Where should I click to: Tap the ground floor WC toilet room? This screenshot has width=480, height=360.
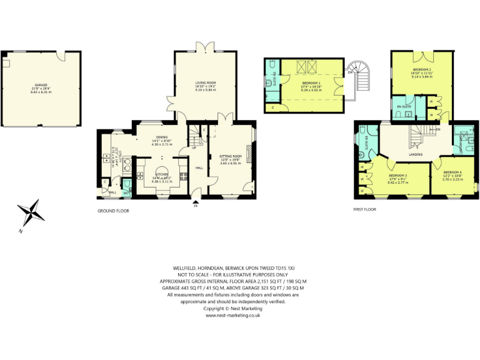point(127,188)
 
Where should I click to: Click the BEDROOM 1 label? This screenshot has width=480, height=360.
point(312,84)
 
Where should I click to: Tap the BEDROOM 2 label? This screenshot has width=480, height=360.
point(423,71)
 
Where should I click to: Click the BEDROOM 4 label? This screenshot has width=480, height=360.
point(452,173)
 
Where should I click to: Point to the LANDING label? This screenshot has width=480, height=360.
point(415,154)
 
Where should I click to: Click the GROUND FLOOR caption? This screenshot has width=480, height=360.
point(113,211)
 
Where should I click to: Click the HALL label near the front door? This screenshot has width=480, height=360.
point(199,168)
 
